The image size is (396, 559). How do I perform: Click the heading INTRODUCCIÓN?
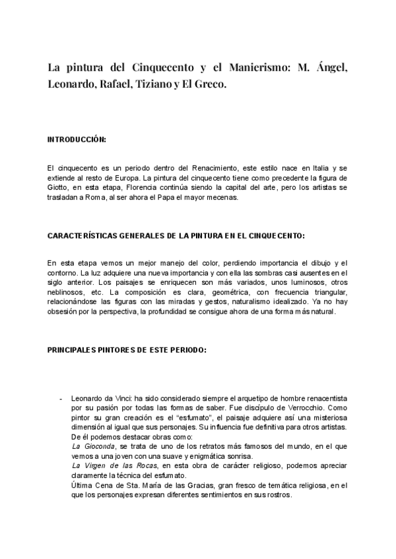point(77,140)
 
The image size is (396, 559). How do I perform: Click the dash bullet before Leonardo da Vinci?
point(61,399)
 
